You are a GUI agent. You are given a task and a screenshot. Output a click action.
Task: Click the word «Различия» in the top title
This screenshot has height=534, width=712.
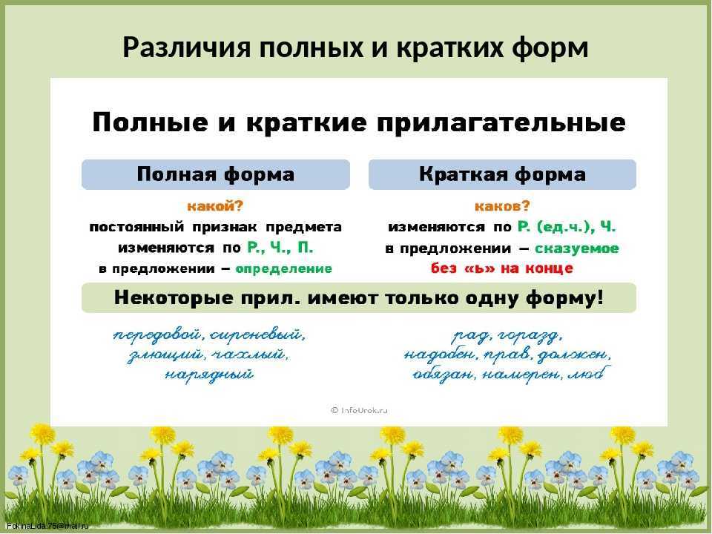coord(186,48)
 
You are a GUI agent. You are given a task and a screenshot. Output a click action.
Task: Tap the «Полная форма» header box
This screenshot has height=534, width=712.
coord(216,174)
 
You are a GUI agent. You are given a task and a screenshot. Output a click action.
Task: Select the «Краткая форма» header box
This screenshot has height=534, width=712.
coord(502,174)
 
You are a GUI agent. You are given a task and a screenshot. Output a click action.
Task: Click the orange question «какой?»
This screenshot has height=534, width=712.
coord(215,207)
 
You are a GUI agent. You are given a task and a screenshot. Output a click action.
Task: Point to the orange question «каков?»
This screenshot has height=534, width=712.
coord(502,207)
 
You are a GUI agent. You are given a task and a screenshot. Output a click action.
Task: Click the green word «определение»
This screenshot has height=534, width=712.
coord(284,268)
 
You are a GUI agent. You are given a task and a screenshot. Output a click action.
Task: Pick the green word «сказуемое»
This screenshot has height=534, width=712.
coord(577,248)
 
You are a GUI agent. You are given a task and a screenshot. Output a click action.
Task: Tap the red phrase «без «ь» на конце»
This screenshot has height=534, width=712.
coord(502,268)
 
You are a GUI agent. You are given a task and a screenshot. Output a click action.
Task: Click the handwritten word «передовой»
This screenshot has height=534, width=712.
coord(156,336)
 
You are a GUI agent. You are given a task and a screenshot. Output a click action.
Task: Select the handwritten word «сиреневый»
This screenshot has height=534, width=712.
coord(257,336)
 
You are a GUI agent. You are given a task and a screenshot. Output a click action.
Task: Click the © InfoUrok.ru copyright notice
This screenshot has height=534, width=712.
coord(359,410)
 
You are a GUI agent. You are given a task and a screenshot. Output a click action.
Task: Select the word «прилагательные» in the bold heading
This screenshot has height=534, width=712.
coord(501,123)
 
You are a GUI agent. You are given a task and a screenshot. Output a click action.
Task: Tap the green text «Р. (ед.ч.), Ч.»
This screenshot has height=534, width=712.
coord(567,227)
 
